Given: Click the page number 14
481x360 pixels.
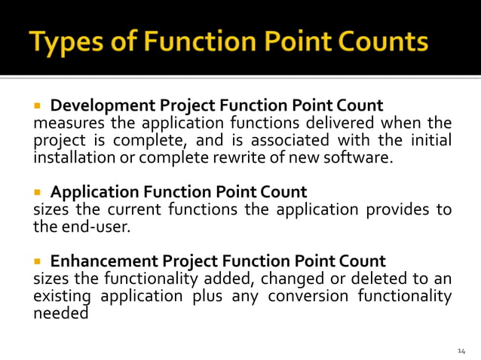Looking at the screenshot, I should [x=462, y=350].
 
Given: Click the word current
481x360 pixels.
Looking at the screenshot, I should [x=127, y=209].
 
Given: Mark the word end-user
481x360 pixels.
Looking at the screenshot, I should [x=94, y=227].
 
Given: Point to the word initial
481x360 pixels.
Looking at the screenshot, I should [x=433, y=140].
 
